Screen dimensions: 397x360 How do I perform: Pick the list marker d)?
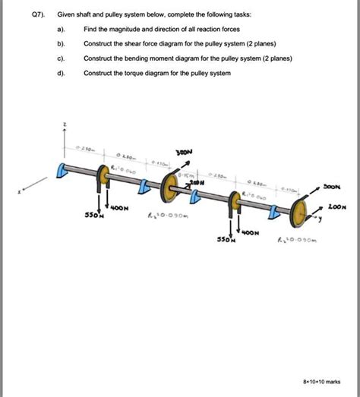[62, 73]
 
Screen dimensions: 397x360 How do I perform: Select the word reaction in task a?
[229, 30]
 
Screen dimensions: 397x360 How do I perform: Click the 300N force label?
[184, 152]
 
